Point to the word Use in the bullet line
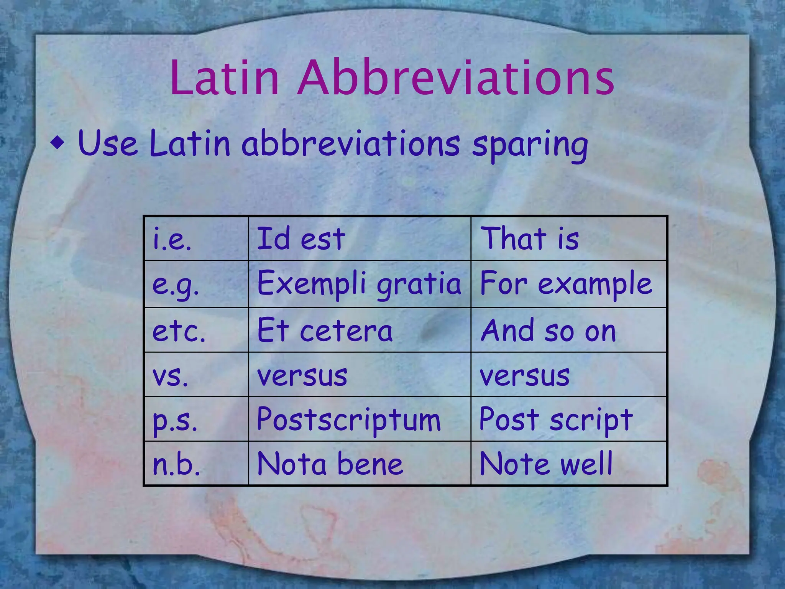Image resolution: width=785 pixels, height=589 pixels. pos(107,143)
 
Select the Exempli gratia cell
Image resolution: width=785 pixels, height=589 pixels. pos(359,284)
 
